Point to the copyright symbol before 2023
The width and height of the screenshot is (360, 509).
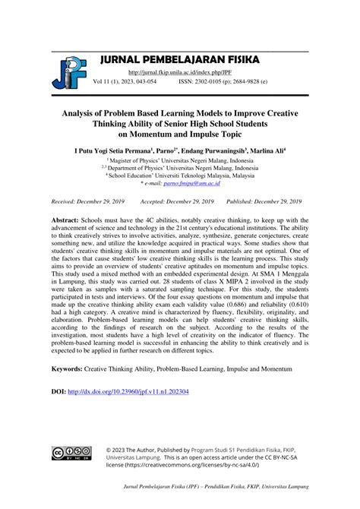click(x=110, y=449)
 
